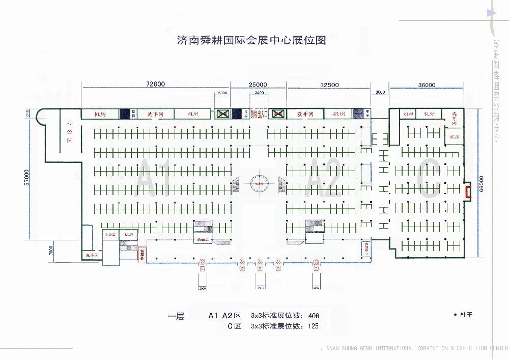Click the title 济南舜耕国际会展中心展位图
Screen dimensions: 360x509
[x=251, y=41]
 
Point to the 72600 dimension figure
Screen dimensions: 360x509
[x=155, y=85]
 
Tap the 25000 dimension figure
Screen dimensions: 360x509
[x=258, y=85]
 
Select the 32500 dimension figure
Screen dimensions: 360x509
[x=329, y=85]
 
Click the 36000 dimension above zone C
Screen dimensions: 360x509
[x=427, y=85]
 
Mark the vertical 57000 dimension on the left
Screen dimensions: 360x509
[x=28, y=178]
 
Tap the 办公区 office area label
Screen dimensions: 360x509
[x=69, y=131]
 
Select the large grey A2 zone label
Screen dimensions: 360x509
[x=325, y=178]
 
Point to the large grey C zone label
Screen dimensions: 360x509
[x=429, y=178]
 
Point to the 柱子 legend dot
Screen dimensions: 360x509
[x=455, y=315]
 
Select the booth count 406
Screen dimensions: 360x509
[x=314, y=316]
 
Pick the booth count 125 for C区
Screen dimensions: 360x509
[x=314, y=326]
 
